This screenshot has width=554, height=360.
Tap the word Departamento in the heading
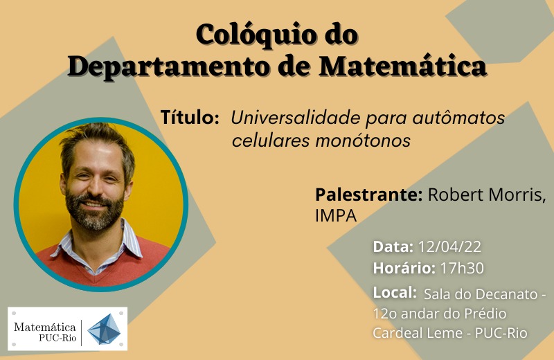pos(168,66)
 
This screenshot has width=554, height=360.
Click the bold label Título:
pos(190,117)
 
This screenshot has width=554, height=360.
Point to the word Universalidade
pos(296,117)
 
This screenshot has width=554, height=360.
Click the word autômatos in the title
pos(458,118)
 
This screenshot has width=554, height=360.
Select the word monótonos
pos(362,141)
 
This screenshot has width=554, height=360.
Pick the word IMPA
pos(336,216)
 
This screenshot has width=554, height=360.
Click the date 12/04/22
pos(449,247)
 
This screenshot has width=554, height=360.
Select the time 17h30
pos(462,268)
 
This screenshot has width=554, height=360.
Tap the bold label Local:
pos(395,293)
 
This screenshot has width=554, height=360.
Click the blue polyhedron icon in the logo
pos(104,330)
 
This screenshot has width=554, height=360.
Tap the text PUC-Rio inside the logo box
pos(57,338)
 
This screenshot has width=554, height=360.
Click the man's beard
pos(95,212)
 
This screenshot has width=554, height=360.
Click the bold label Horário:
pos(404,268)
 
